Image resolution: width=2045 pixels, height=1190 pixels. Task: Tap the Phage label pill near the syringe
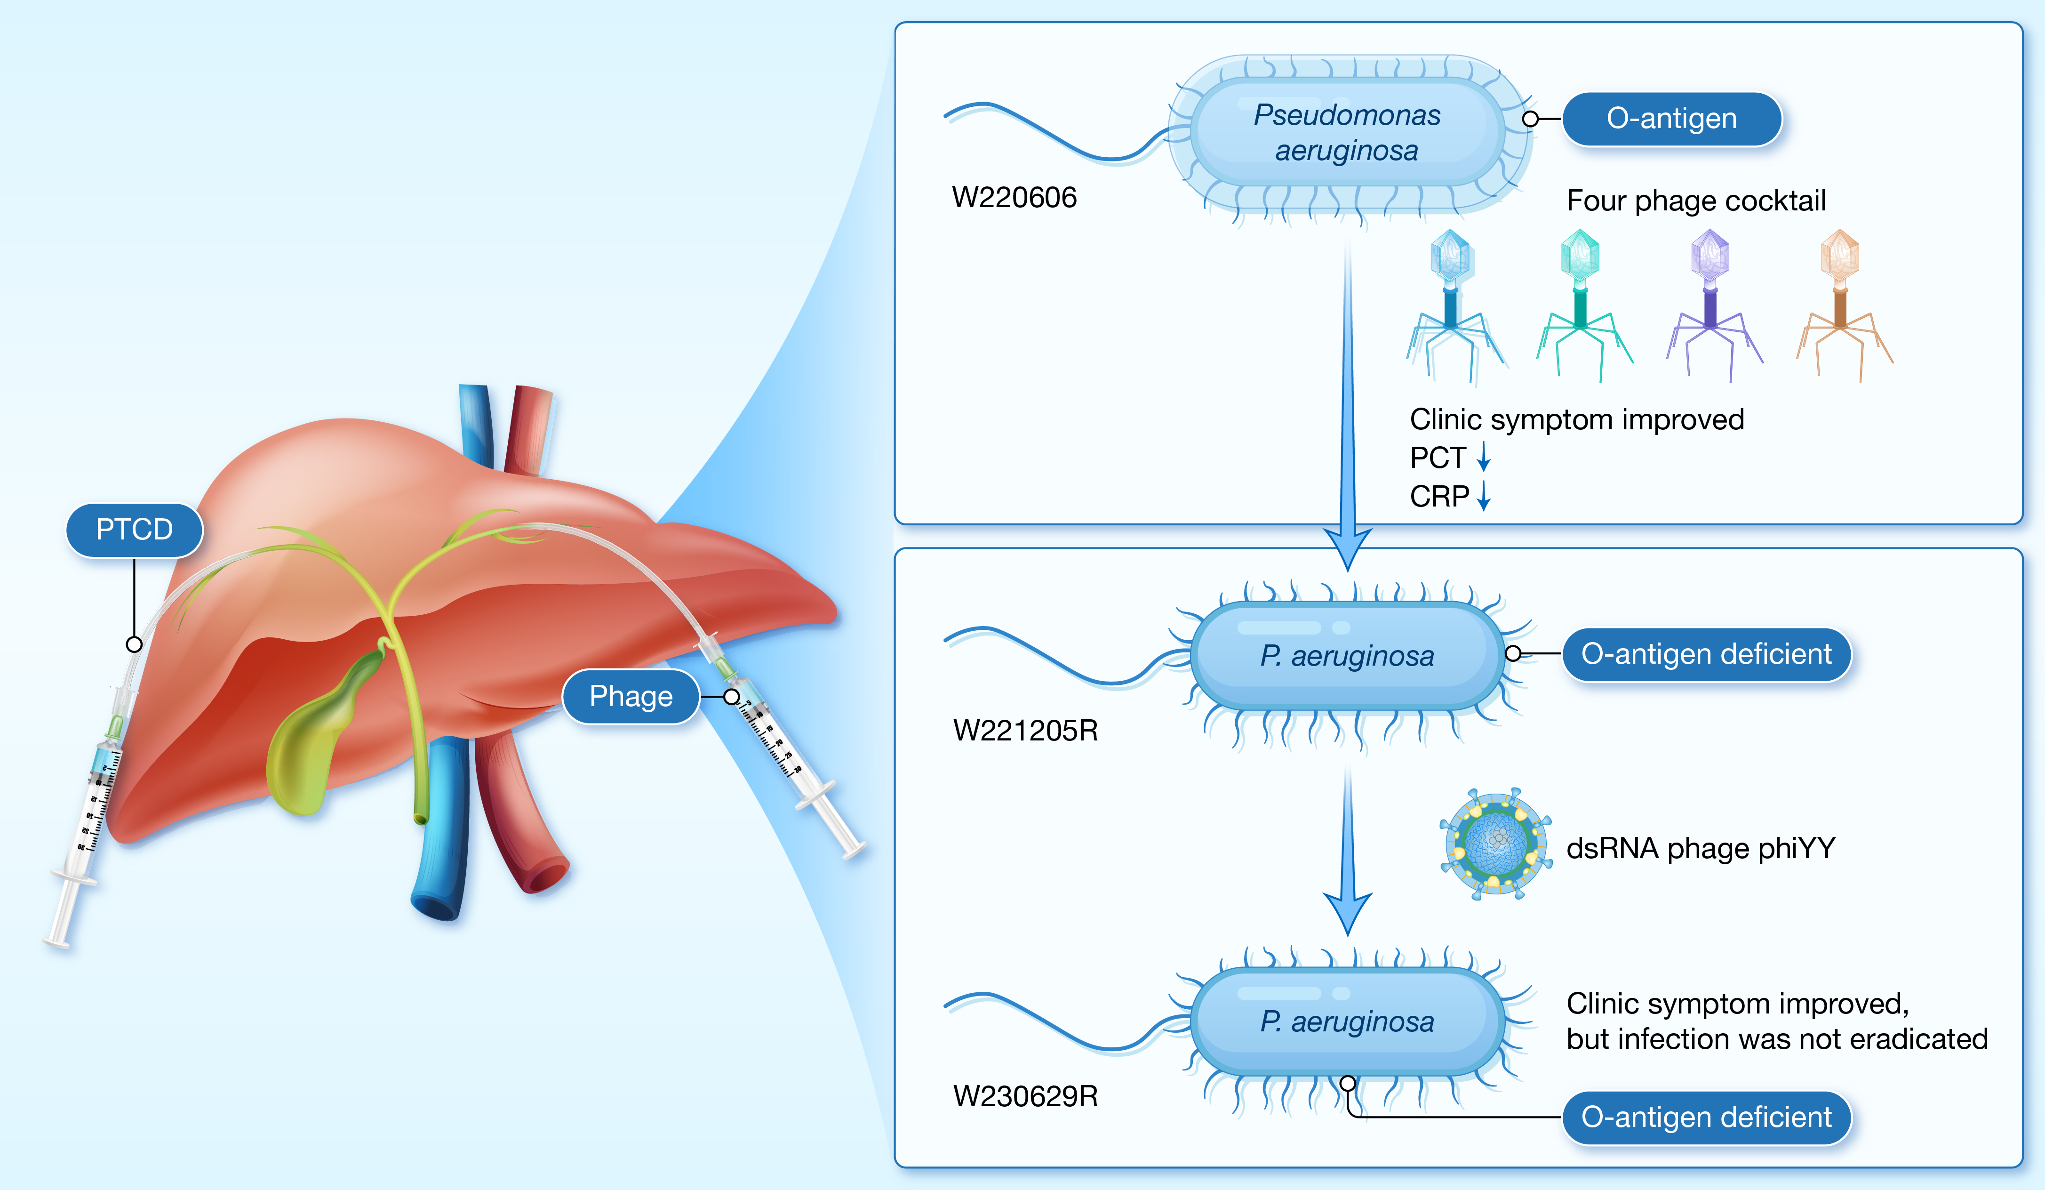click(631, 697)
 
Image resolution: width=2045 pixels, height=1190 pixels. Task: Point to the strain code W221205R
click(1025, 731)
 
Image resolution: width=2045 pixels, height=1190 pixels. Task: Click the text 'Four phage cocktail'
click(1695, 201)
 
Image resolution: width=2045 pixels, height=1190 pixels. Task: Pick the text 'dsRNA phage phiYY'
click(1700, 848)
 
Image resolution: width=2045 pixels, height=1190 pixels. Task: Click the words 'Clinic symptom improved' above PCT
click(1576, 420)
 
